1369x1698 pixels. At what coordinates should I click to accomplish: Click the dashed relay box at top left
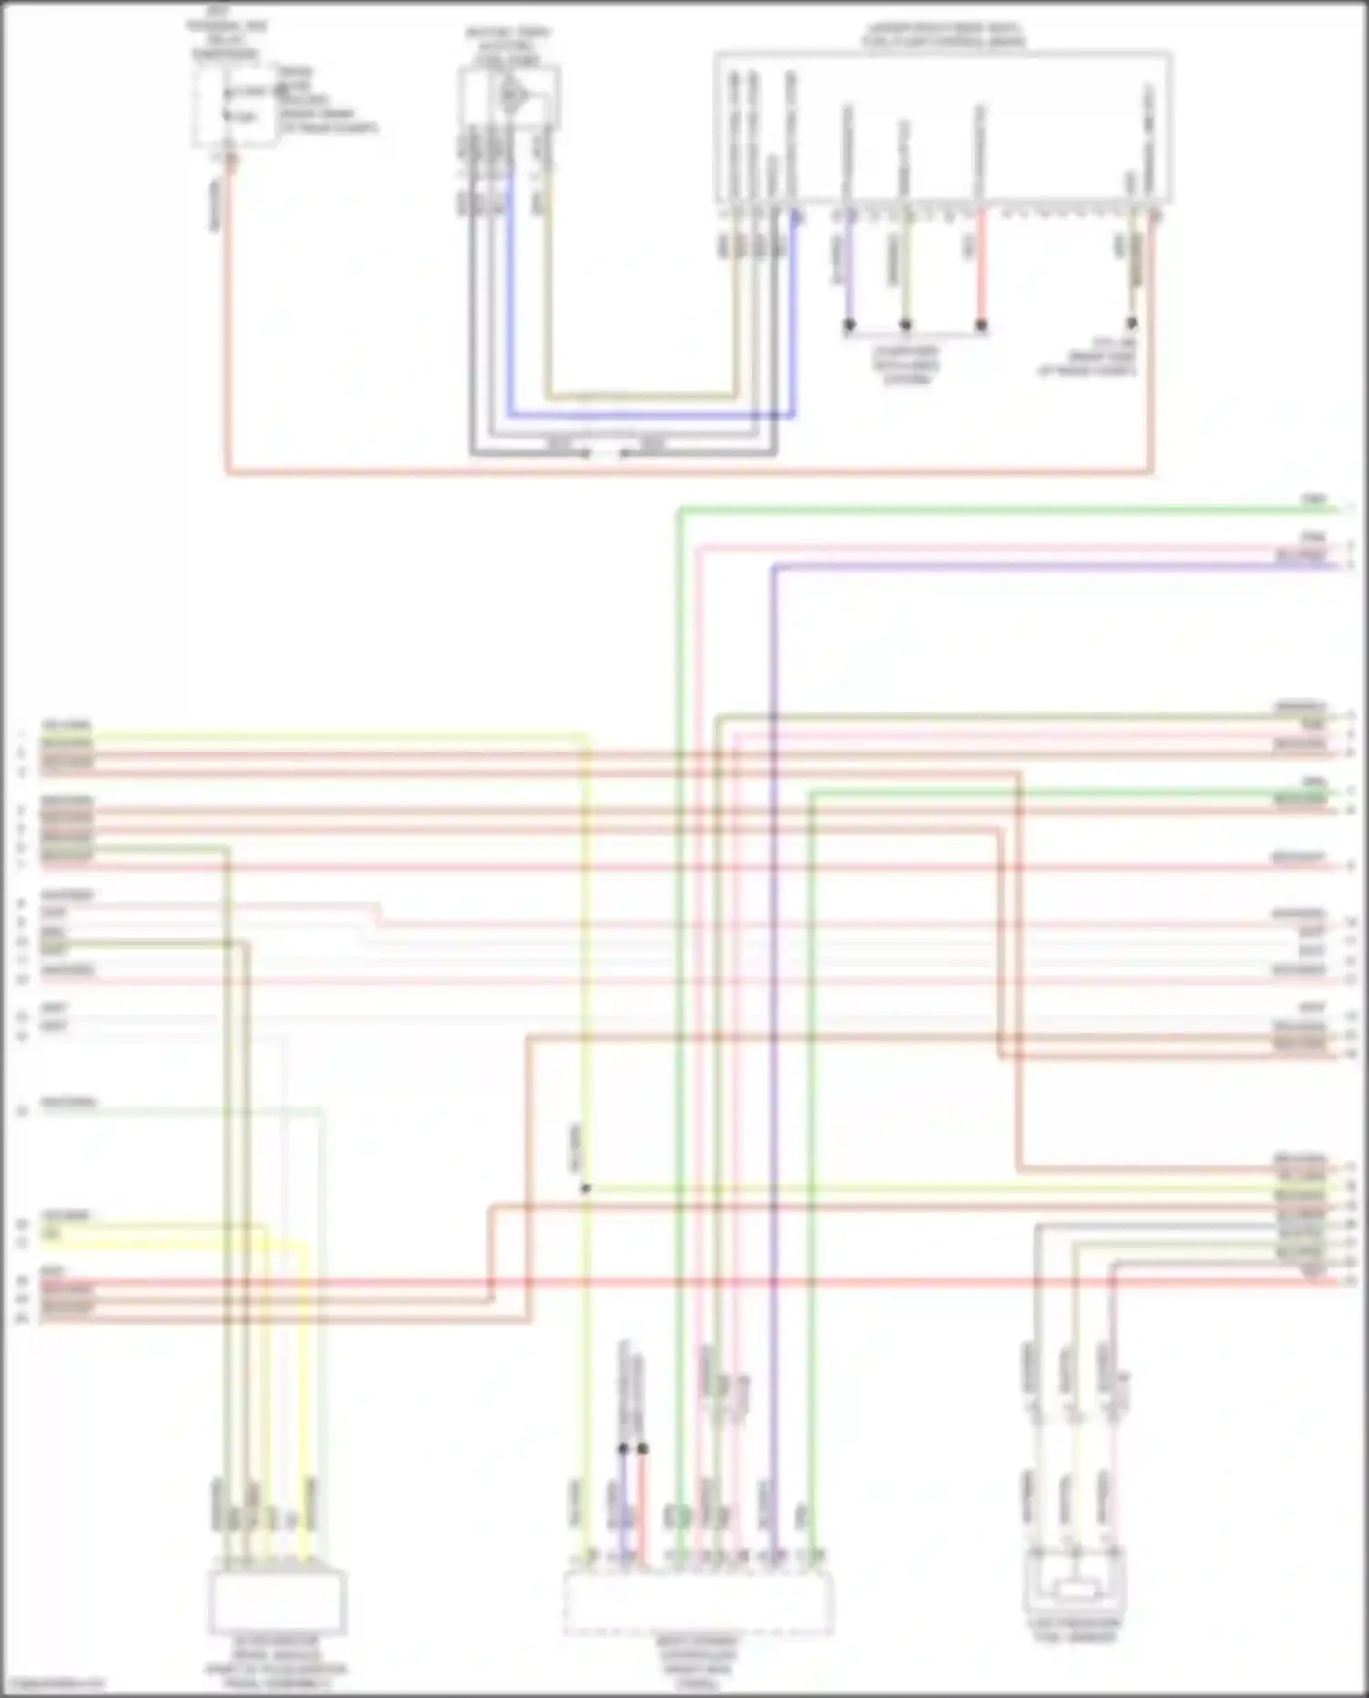[234, 104]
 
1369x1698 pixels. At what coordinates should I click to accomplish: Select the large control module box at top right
[942, 128]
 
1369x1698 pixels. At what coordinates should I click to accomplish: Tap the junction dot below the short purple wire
[849, 324]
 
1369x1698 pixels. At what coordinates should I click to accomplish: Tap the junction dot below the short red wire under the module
[981, 324]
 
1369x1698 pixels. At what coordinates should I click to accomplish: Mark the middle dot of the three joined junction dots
[905, 324]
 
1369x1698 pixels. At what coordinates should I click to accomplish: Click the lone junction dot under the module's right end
[1131, 323]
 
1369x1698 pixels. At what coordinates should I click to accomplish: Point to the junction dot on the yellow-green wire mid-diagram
[586, 1188]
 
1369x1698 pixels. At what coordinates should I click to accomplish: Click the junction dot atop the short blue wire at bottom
[622, 1448]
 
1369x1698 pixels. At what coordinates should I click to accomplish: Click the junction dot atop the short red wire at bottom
[643, 1448]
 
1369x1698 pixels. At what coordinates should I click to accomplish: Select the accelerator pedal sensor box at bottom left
[277, 1601]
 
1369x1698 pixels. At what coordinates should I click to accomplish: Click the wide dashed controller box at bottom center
[698, 1601]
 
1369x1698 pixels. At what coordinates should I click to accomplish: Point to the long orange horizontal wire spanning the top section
[689, 473]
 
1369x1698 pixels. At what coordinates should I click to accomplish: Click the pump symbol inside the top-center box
[511, 94]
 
